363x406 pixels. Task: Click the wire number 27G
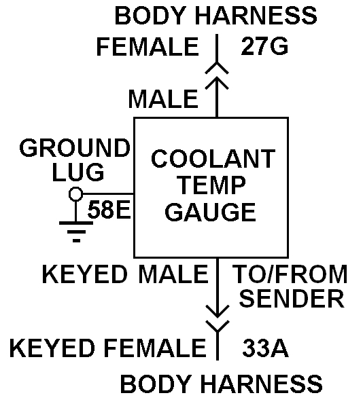(264, 46)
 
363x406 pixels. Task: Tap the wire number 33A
(266, 348)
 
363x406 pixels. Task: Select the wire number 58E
(109, 209)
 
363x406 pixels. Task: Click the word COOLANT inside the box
(213, 159)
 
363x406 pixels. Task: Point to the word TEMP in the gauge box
(212, 185)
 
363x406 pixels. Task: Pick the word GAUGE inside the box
(210, 212)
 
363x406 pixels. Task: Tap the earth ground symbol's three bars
(76, 232)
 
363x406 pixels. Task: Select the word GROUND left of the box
(75, 147)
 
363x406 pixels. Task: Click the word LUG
(78, 172)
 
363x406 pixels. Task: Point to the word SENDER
(292, 298)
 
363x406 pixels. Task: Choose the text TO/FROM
(290, 274)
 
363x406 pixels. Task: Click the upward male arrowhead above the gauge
(217, 82)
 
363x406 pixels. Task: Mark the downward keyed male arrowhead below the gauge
(218, 312)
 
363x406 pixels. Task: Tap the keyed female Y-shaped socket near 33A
(218, 327)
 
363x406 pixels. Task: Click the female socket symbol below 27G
(217, 68)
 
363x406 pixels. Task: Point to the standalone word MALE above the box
(163, 99)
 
